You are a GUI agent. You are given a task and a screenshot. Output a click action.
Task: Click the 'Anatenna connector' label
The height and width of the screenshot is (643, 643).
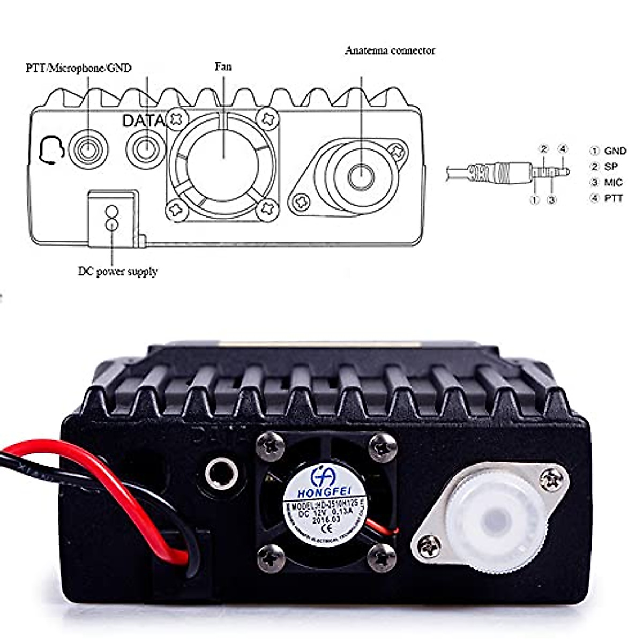tap(390, 51)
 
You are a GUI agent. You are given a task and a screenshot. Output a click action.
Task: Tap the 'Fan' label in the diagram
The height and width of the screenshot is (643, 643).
tap(223, 67)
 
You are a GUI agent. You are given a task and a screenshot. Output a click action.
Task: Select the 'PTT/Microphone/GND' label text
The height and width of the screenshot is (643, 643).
tap(78, 68)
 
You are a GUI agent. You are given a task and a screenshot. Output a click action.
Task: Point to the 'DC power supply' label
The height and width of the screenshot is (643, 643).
tap(118, 271)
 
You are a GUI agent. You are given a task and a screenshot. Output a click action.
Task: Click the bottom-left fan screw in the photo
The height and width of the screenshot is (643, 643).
tap(271, 558)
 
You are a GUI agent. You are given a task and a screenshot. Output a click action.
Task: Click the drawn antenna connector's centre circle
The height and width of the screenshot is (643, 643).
tap(362, 175)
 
